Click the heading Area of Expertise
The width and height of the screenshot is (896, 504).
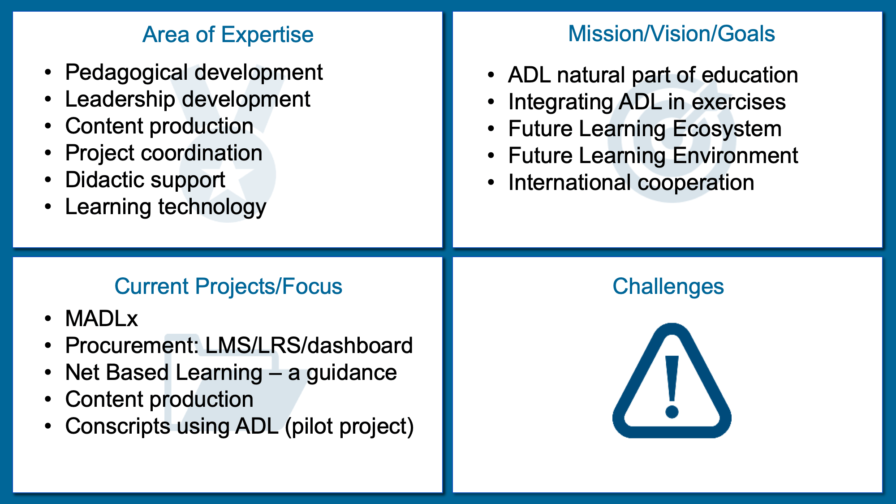click(x=228, y=35)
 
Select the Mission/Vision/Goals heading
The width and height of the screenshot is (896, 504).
click(x=672, y=34)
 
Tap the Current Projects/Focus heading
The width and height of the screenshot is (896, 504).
click(x=228, y=287)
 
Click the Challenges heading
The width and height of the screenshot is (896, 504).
click(x=668, y=286)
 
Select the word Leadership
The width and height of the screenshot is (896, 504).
click(x=120, y=99)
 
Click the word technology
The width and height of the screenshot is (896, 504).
click(x=212, y=207)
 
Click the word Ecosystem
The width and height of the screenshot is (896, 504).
click(x=727, y=129)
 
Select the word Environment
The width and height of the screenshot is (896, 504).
click(x=736, y=156)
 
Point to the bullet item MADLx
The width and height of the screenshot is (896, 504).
click(x=102, y=319)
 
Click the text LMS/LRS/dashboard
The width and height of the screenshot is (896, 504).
click(x=309, y=345)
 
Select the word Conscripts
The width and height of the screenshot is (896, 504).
click(x=118, y=426)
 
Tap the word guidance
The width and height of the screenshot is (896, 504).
click(x=351, y=373)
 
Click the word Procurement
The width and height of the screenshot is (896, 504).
click(x=132, y=345)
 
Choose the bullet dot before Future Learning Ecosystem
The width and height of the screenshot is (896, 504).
click(x=491, y=129)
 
